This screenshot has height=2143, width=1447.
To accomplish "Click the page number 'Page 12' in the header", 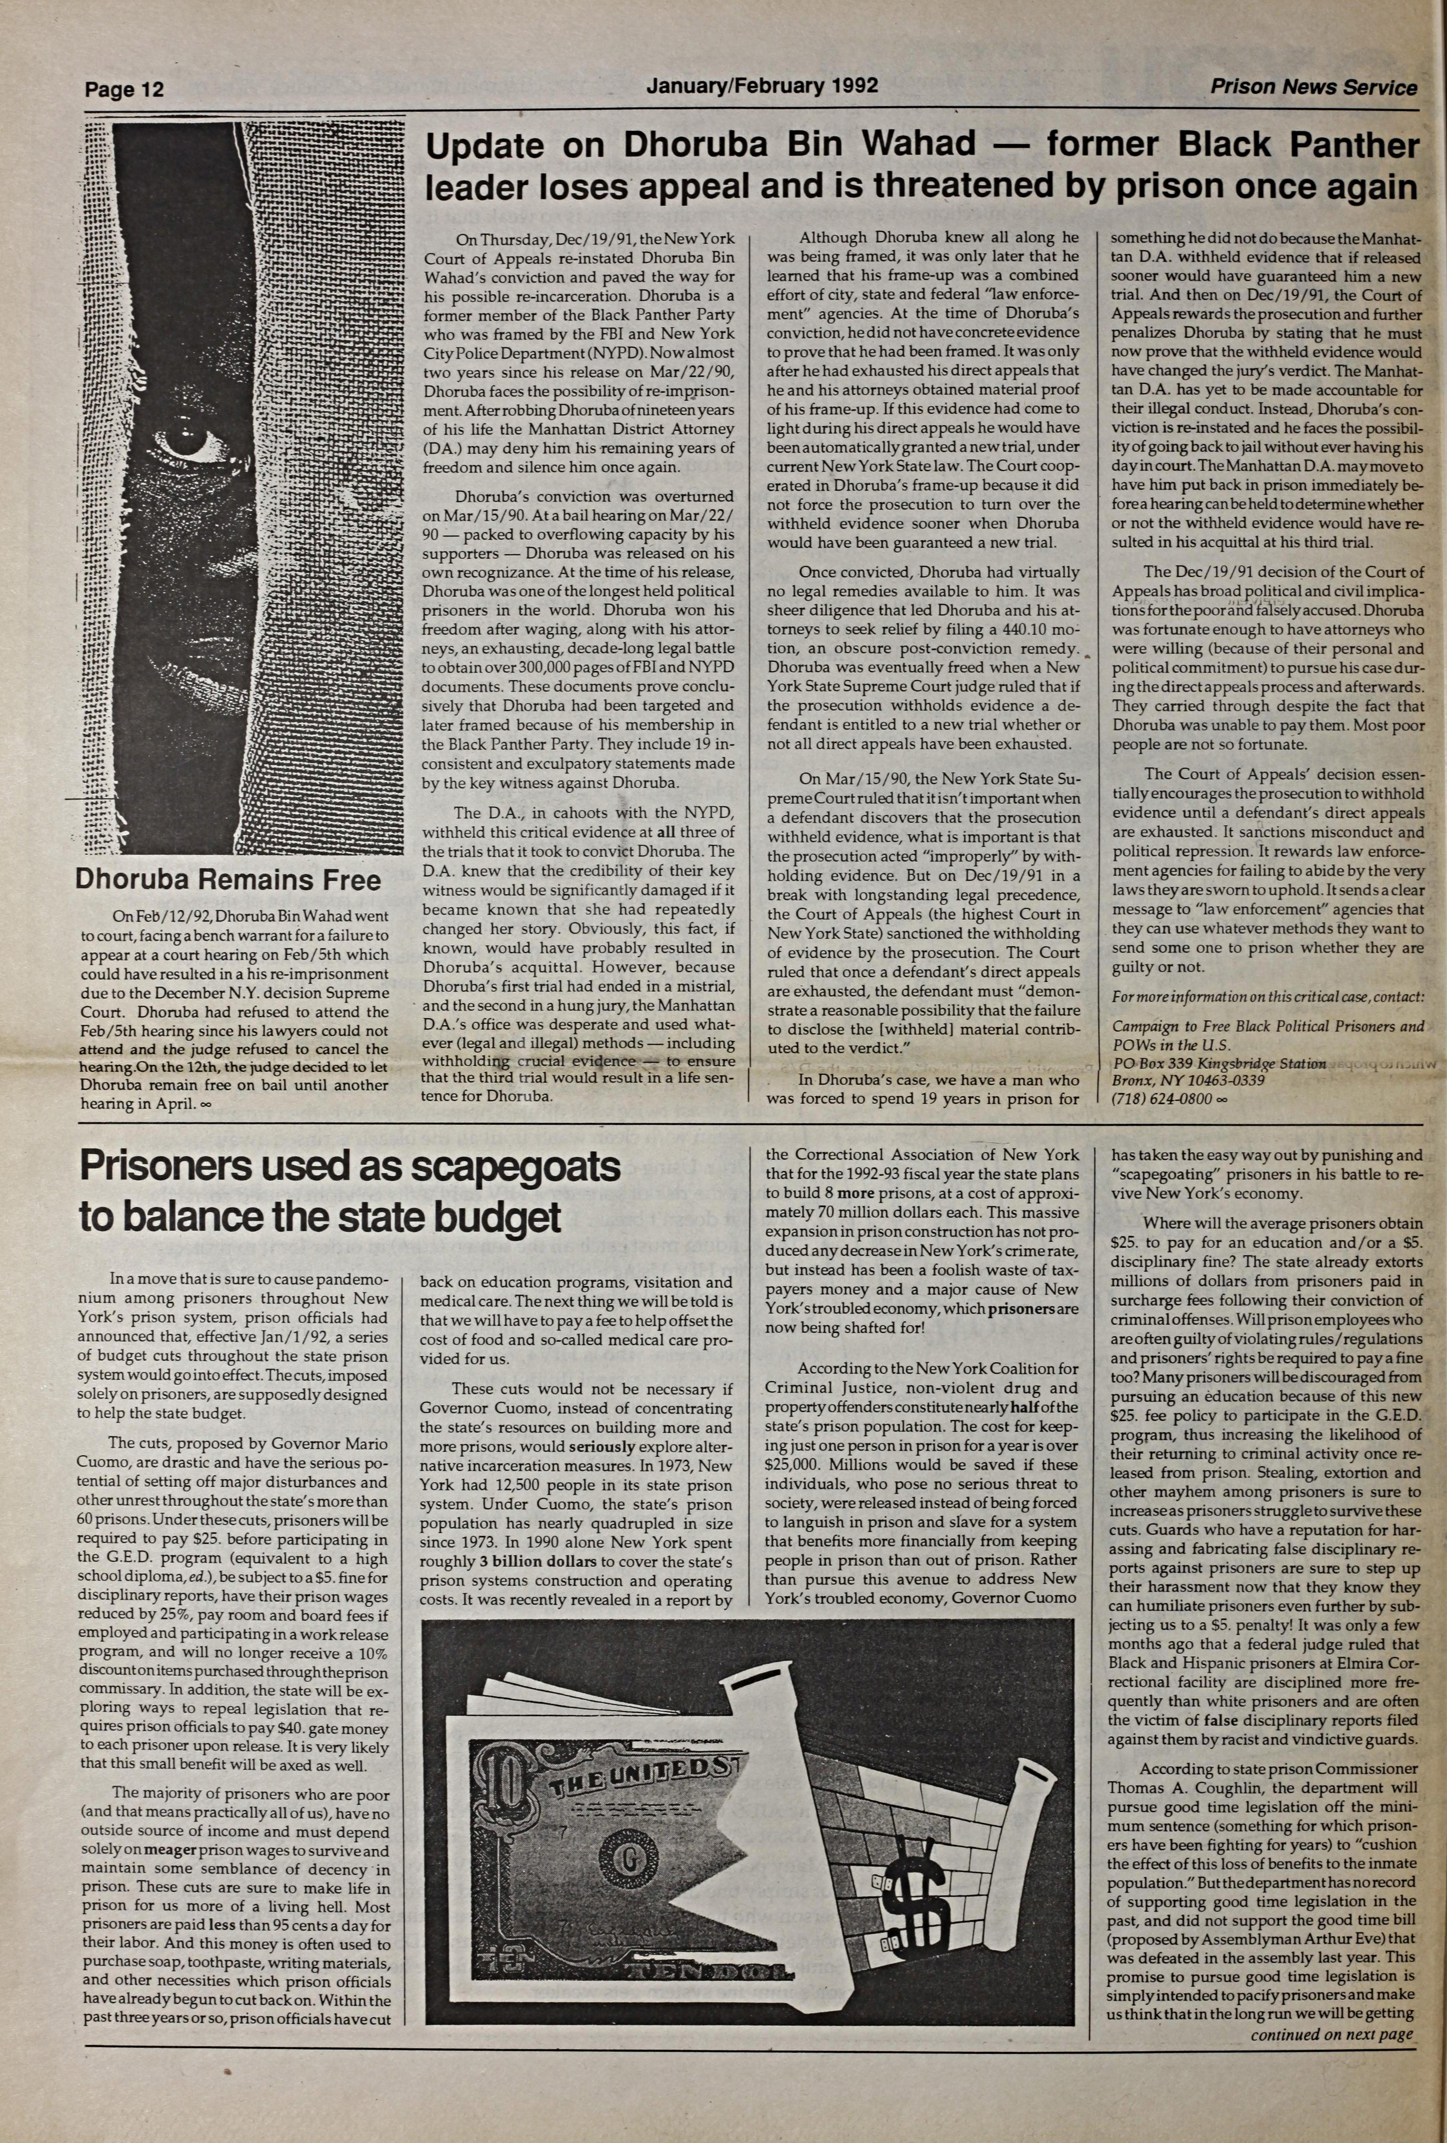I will pyautogui.click(x=124, y=90).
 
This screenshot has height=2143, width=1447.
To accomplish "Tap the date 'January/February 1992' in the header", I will pyautogui.click(x=762, y=86).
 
